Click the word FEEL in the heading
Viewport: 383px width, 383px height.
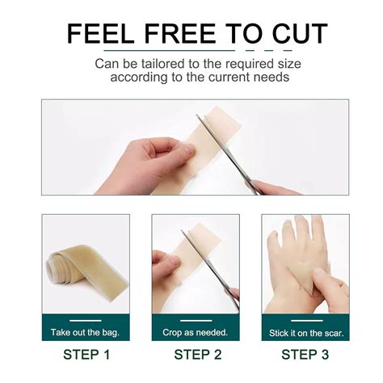[x=98, y=34]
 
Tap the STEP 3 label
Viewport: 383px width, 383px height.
[x=306, y=354]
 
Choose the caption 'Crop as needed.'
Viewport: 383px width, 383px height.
[x=195, y=332]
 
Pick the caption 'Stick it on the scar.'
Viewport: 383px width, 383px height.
[x=306, y=332]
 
